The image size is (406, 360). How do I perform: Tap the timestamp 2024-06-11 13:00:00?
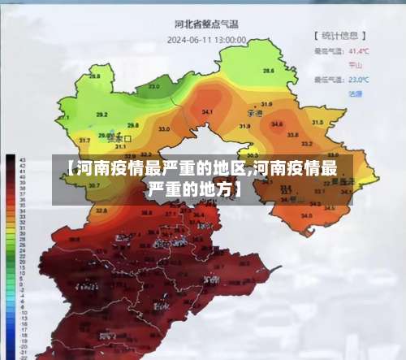(206, 38)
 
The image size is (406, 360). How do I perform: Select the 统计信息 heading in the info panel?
(340, 36)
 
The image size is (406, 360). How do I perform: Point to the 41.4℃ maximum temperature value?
(358, 50)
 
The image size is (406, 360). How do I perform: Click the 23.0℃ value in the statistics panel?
(358, 80)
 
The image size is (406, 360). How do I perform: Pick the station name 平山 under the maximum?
(355, 64)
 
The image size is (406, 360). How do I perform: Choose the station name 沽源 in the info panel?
(355, 93)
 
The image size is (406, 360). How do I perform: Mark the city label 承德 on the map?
(254, 114)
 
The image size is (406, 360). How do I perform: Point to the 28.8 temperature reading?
(96, 76)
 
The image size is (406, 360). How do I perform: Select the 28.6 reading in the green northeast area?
(268, 72)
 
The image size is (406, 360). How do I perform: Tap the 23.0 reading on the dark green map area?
(154, 86)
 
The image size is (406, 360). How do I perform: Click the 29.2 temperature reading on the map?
(101, 115)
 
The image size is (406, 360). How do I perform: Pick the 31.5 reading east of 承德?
(317, 122)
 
